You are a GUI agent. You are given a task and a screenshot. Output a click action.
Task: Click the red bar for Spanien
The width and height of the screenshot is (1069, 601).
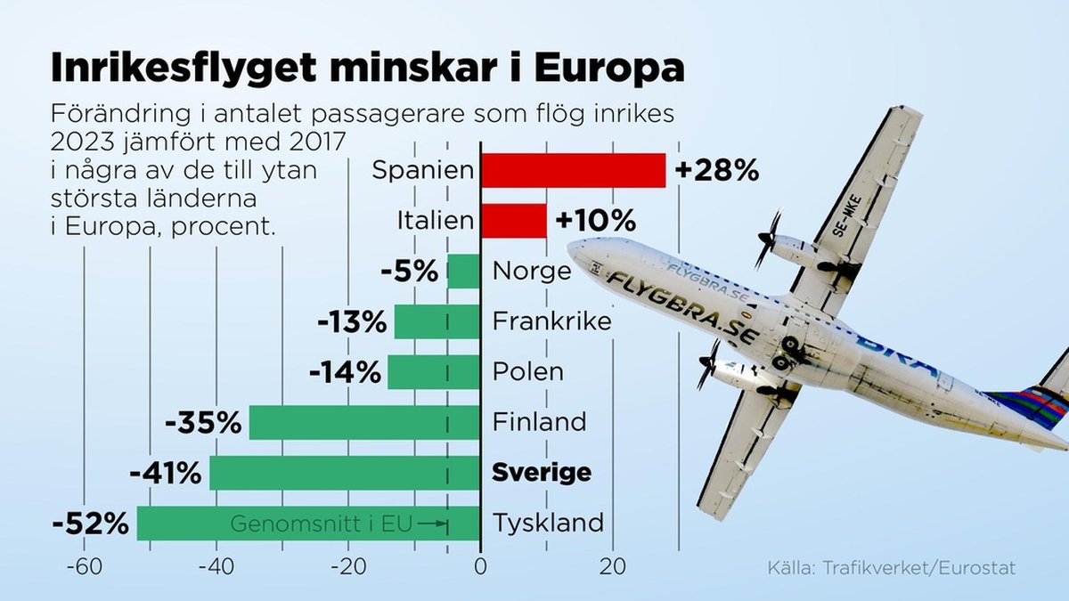(x=573, y=170)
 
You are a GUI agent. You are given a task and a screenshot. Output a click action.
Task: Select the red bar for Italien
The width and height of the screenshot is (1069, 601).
(x=513, y=220)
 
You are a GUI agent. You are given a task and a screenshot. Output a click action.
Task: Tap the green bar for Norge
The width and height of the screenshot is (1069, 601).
(x=463, y=271)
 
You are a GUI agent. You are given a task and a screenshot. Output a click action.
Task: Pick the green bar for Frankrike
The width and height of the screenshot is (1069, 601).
(x=437, y=321)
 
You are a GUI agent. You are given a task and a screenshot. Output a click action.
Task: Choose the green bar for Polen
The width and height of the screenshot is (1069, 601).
(x=434, y=371)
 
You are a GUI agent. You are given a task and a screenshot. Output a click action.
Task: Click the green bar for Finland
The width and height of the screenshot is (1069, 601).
(x=364, y=422)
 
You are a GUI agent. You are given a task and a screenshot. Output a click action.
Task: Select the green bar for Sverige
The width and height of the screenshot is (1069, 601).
(x=345, y=473)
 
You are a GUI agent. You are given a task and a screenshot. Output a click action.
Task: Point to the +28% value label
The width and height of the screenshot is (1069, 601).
(x=717, y=170)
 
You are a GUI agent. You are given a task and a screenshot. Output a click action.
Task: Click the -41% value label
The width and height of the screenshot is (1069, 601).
(x=166, y=473)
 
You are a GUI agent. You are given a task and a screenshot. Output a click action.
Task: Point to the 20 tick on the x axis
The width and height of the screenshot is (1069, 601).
(x=611, y=567)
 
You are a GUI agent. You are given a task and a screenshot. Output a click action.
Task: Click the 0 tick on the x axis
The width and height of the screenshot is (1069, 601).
(x=480, y=567)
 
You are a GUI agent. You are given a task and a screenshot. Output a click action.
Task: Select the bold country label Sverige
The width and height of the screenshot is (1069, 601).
(x=542, y=473)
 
